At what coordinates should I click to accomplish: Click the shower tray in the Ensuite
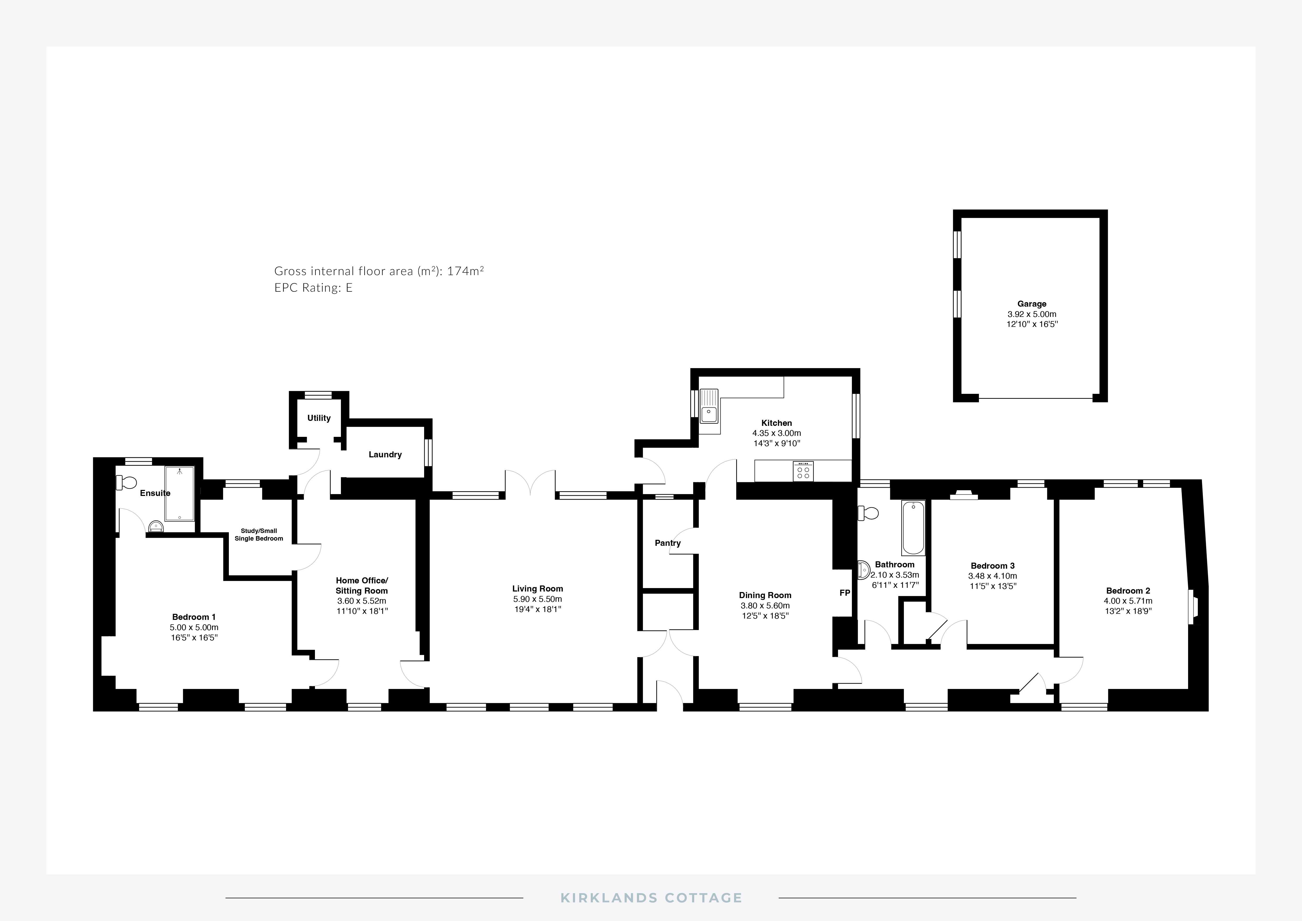coord(179,493)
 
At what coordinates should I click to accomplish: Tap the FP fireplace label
coord(844,593)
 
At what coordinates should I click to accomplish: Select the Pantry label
coord(667,543)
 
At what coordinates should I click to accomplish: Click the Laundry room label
coord(385,454)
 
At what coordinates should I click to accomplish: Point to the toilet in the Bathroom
coord(868,513)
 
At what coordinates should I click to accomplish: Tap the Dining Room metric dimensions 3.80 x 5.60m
coord(765,605)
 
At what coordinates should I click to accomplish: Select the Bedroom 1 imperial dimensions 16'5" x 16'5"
coord(194,637)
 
